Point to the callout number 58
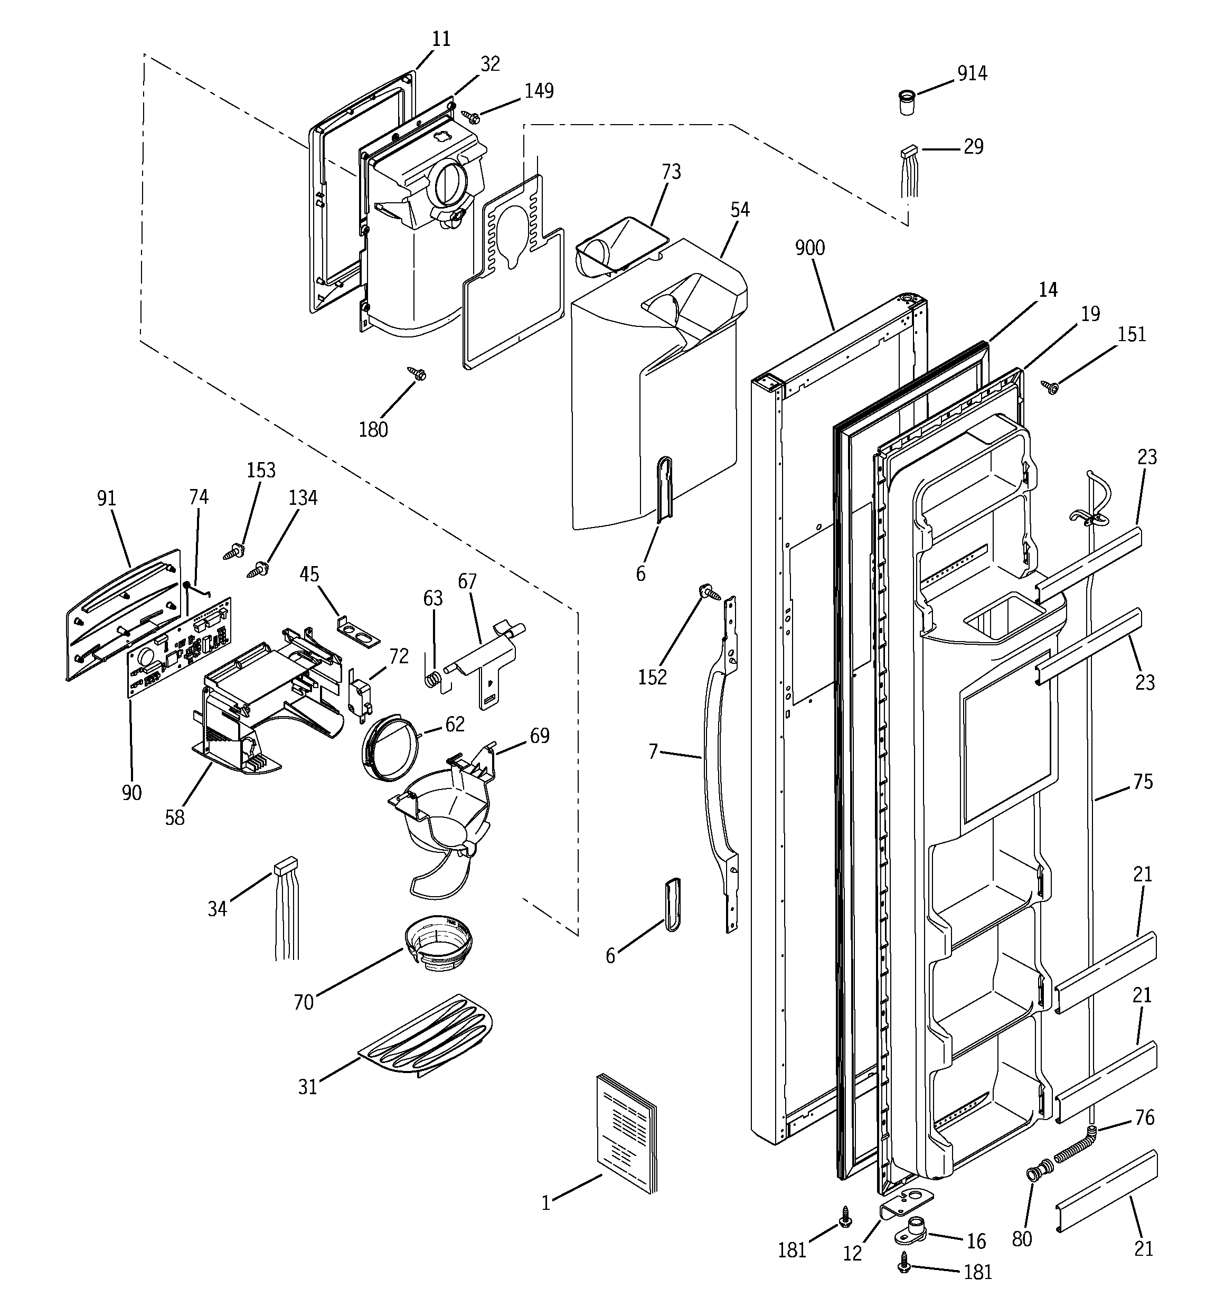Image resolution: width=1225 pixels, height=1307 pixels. (174, 818)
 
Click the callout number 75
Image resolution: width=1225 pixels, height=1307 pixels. (1143, 781)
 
